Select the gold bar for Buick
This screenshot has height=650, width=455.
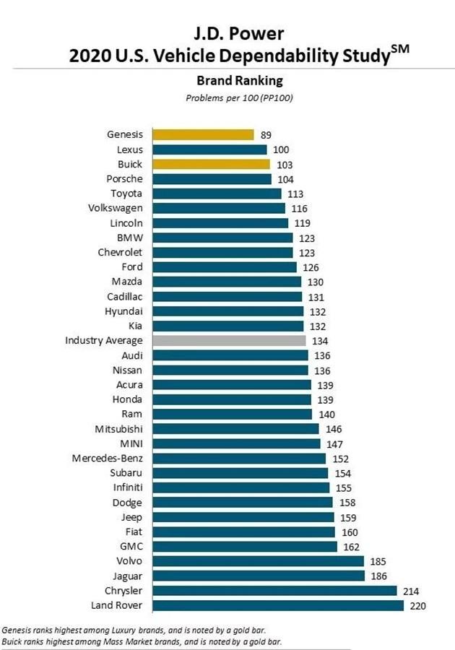tap(209, 164)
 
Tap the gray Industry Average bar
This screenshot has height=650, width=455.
tap(227, 340)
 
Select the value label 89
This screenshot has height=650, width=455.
tap(266, 134)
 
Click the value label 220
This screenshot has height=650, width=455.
tap(417, 604)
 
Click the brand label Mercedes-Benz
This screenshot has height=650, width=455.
tap(108, 458)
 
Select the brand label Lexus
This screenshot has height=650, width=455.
tap(130, 149)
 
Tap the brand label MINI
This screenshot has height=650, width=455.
tap(131, 443)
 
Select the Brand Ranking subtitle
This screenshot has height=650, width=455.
tap(228, 81)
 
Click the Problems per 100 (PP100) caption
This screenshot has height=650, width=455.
tap(228, 97)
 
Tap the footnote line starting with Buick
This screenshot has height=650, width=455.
tap(142, 641)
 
